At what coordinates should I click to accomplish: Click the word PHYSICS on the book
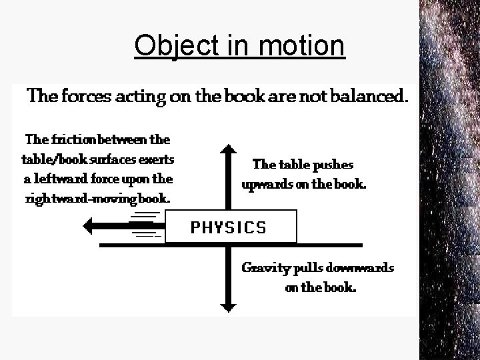click(x=229, y=227)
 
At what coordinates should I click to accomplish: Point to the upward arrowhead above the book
click(x=229, y=149)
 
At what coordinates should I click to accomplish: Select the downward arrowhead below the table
click(x=229, y=306)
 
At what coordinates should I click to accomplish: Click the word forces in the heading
click(x=84, y=97)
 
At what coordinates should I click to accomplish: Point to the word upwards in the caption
click(x=267, y=185)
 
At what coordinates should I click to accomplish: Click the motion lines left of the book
click(x=146, y=225)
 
